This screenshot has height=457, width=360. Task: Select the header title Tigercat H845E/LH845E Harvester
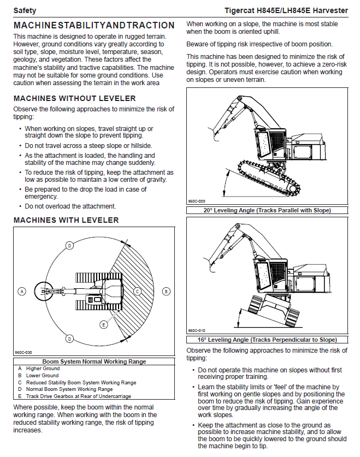coord(286,10)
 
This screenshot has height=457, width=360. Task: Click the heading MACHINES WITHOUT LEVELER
coord(74,99)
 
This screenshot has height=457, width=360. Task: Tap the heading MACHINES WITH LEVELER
coord(66,220)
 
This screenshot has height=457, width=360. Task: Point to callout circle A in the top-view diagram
coord(22,291)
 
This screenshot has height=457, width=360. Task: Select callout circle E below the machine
coord(103,325)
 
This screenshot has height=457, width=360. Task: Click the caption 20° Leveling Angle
coord(267,210)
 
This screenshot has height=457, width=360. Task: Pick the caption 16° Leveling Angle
coord(267,340)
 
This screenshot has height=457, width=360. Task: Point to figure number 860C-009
coord(197,201)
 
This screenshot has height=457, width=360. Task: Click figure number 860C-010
coord(197,330)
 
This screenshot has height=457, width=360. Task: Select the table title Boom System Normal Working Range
coord(94,361)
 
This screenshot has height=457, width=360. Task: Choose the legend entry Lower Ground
coord(42,376)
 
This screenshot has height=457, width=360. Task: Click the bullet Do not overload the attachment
coord(70,206)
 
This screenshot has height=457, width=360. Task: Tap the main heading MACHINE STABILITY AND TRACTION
coord(94,26)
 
